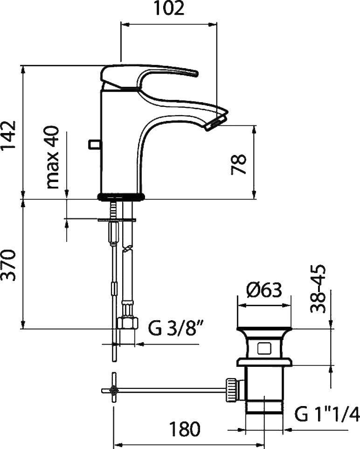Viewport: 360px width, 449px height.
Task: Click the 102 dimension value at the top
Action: coord(169,8)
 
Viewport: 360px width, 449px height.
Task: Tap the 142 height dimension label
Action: coord(8,136)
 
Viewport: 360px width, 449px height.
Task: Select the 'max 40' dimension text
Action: coord(52,157)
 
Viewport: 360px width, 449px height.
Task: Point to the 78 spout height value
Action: coord(238,164)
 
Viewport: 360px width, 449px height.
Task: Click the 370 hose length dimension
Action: coord(8,265)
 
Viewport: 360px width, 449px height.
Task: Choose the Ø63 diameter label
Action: coord(264,290)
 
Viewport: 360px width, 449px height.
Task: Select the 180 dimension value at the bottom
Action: coord(185,429)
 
